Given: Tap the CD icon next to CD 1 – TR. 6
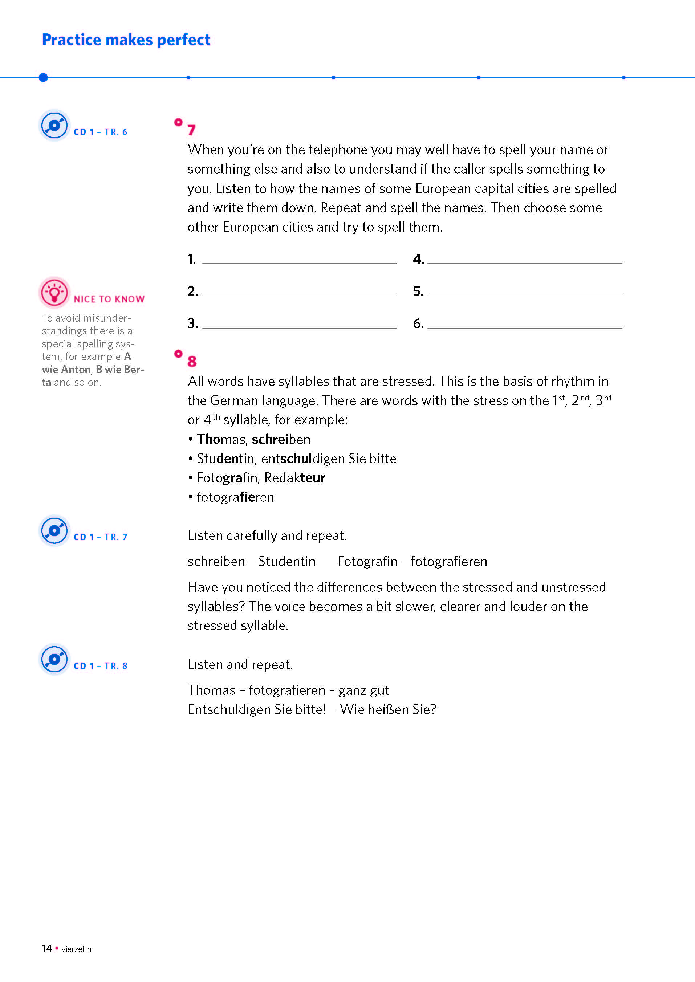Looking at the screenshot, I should [x=54, y=125].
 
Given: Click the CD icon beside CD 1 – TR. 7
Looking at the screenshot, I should [x=54, y=531].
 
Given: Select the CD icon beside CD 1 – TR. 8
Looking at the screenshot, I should [x=54, y=659].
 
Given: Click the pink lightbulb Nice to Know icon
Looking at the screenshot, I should [x=54, y=293].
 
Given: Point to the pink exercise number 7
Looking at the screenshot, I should [x=192, y=130].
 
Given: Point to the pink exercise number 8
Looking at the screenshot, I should [x=192, y=361].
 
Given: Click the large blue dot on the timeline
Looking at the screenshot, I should [x=43, y=77].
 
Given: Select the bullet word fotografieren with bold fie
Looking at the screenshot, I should [x=235, y=497].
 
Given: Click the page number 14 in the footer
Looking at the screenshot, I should [x=46, y=948].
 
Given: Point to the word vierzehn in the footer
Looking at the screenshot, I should [x=76, y=949].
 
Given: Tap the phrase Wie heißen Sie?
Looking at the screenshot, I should [x=388, y=709].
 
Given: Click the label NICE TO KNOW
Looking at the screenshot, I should [x=109, y=299].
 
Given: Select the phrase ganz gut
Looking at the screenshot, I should [x=364, y=690].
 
